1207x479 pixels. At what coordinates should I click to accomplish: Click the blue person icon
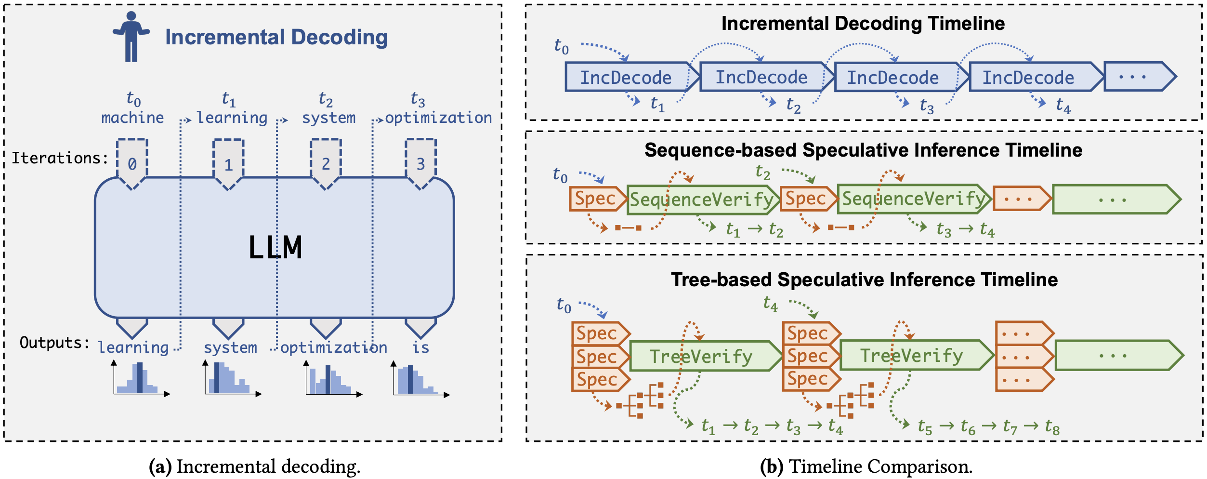pyautogui.click(x=131, y=37)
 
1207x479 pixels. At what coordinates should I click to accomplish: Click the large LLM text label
pyautogui.click(x=275, y=248)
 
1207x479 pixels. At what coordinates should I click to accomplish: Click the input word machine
pyautogui.click(x=132, y=118)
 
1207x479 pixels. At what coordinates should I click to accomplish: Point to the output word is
pyautogui.click(x=420, y=347)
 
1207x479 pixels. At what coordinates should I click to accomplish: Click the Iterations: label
pyautogui.click(x=60, y=158)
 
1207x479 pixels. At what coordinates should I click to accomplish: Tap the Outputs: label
pyautogui.click(x=55, y=343)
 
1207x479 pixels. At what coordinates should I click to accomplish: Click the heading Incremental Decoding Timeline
pyautogui.click(x=863, y=24)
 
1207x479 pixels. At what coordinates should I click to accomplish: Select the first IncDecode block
pyautogui.click(x=632, y=77)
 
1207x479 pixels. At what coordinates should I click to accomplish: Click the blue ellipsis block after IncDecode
pyautogui.click(x=1140, y=77)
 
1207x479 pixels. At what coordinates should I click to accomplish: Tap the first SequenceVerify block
pyautogui.click(x=703, y=199)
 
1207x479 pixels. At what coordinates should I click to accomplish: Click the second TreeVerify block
pyautogui.click(x=917, y=356)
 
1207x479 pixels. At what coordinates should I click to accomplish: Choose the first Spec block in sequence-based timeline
pyautogui.click(x=597, y=199)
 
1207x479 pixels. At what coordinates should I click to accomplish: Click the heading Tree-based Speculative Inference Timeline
pyautogui.click(x=865, y=280)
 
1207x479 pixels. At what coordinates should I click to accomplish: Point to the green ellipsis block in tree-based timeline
pyautogui.click(x=1119, y=356)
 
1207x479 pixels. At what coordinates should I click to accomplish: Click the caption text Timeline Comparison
pyautogui.click(x=881, y=466)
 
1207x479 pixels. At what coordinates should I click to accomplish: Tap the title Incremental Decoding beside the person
pyautogui.click(x=276, y=37)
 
